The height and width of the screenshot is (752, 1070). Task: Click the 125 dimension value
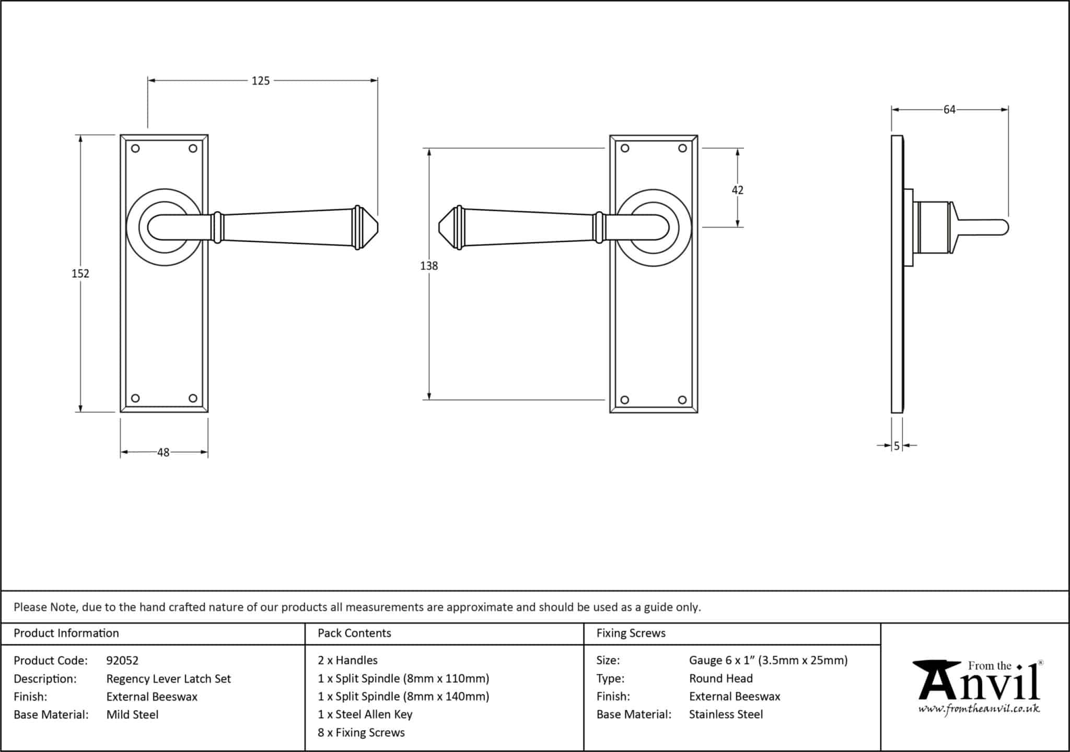261,81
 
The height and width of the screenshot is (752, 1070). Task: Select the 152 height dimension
80,273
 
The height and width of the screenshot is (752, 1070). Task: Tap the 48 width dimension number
164,452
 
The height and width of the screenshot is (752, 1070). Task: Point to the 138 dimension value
429,266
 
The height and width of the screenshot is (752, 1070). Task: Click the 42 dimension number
737,190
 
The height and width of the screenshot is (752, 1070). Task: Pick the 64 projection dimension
949,110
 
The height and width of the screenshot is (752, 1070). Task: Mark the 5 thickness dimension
897,446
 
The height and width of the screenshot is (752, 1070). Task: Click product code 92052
122,661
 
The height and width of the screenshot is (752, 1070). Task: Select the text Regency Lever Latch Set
168,679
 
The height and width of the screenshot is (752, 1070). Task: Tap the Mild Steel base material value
132,714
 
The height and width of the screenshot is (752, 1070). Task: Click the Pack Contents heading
354,633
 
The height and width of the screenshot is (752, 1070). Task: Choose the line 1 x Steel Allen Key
365,714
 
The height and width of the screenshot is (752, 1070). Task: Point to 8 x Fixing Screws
361,733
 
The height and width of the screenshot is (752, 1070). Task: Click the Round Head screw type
721,678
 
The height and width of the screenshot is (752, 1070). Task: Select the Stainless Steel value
726,714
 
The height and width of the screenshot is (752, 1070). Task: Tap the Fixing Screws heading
631,633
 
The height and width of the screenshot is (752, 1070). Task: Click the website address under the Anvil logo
979,709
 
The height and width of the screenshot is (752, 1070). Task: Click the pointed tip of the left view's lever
378,228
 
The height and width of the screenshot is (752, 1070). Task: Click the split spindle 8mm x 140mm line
403,697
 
